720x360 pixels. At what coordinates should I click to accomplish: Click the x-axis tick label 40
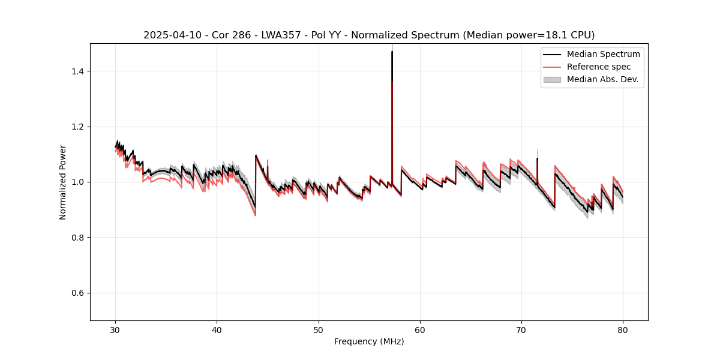[217, 330]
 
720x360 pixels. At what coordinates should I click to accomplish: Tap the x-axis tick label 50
[319, 330]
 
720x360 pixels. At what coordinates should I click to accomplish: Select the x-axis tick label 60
[420, 330]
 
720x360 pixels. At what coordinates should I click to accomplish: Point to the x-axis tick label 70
[521, 330]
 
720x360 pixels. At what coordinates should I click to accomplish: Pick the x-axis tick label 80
[623, 330]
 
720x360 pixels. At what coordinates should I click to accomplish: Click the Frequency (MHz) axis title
[369, 341]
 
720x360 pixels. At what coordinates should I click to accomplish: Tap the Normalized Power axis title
[63, 182]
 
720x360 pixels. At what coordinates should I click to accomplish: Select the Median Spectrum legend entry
[603, 55]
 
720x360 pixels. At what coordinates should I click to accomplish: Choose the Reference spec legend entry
[599, 67]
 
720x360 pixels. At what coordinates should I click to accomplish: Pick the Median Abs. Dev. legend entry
[602, 79]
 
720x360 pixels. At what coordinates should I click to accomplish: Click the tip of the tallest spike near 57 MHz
[392, 52]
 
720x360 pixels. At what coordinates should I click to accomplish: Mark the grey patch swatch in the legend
[552, 79]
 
